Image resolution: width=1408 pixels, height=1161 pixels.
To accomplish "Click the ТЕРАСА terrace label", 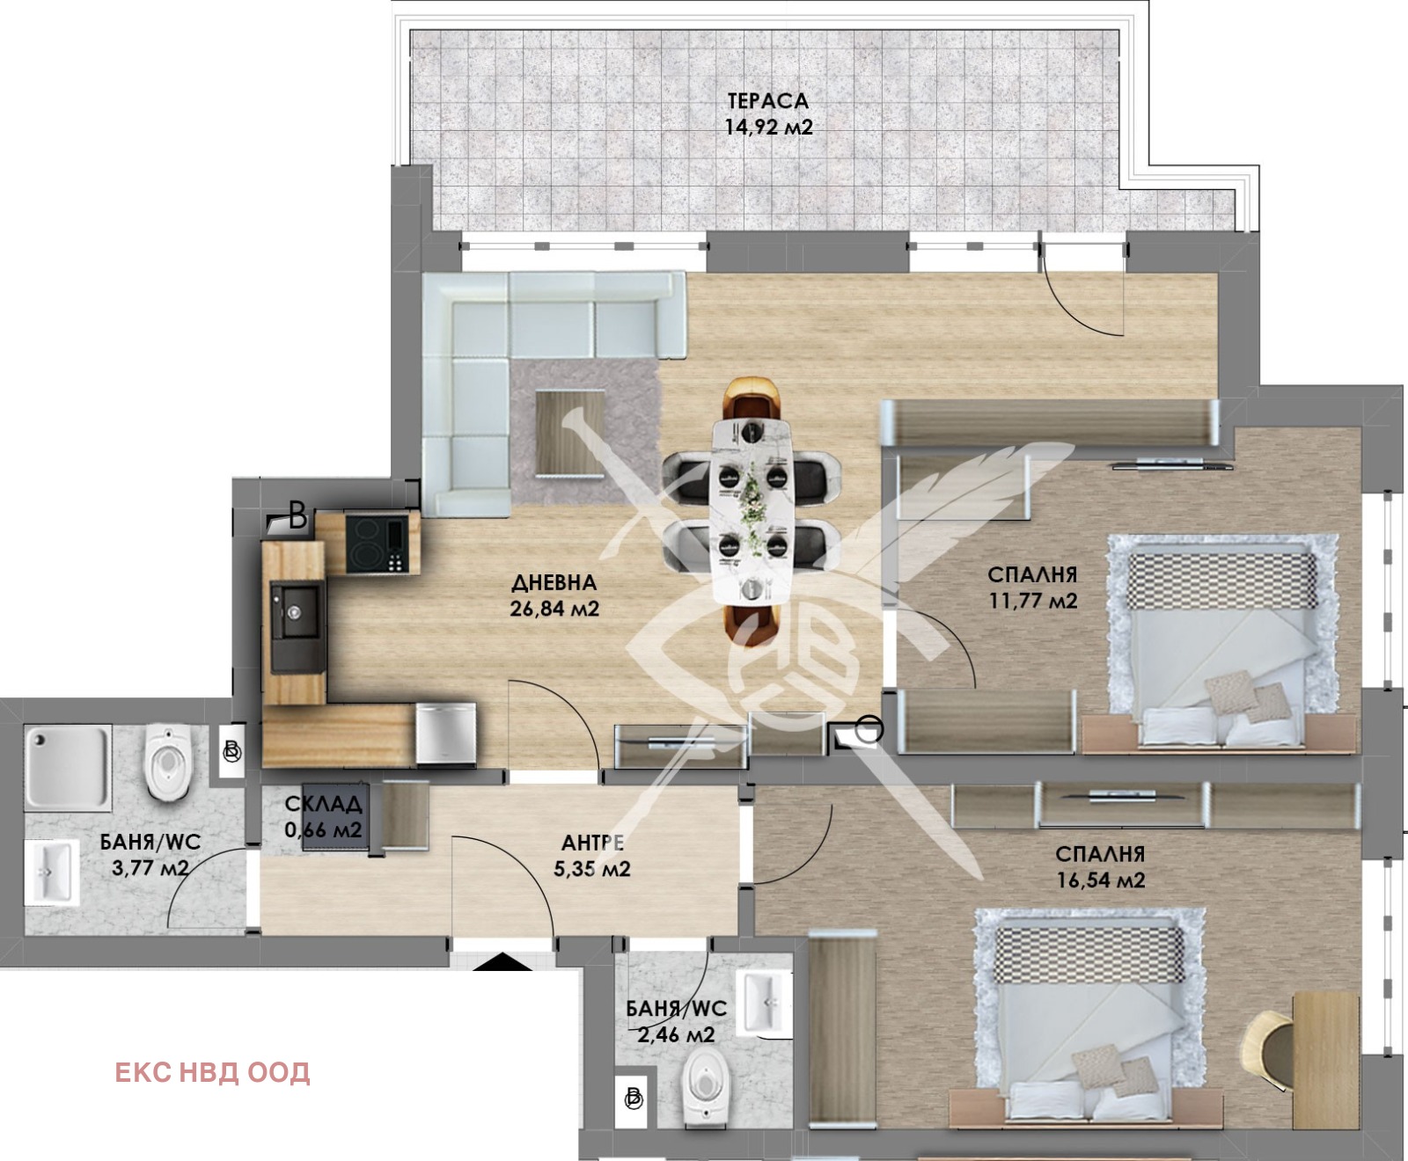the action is point(767,100).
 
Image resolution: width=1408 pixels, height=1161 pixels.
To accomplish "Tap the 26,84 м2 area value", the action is point(554,608).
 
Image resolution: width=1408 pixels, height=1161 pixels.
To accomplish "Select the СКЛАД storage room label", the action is point(323,803).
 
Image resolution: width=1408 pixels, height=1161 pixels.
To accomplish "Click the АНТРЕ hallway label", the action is point(592,843).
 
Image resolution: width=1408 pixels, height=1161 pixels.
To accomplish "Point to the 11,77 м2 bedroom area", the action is point(1033,601).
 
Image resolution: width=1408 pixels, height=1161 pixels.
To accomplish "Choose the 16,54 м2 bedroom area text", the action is point(1101,880).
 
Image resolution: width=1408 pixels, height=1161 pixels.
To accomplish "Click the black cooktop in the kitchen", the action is point(377,543).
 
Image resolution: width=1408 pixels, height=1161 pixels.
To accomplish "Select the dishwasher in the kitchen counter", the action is point(446,733).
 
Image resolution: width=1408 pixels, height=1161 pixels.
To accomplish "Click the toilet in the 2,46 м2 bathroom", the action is point(707,1091).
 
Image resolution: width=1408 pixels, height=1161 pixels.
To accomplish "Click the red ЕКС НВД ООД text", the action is point(212,1072).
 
